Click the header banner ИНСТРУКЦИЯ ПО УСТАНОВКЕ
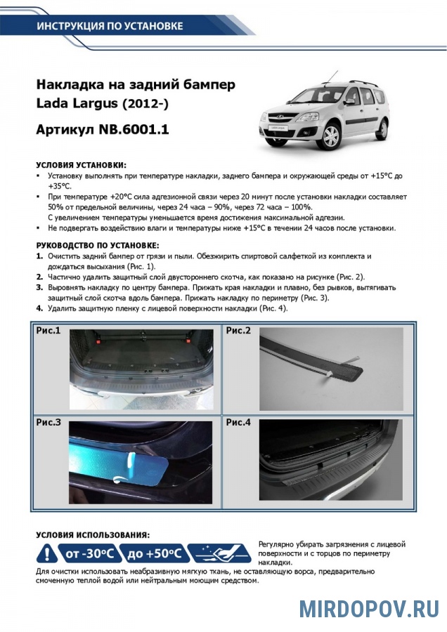110,27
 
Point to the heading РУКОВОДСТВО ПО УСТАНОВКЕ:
97,246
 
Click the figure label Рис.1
48,330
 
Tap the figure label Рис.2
238,330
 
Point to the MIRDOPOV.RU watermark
368,608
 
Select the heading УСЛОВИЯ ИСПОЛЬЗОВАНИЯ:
92,534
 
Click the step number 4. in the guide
39,308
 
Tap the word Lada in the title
53,105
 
